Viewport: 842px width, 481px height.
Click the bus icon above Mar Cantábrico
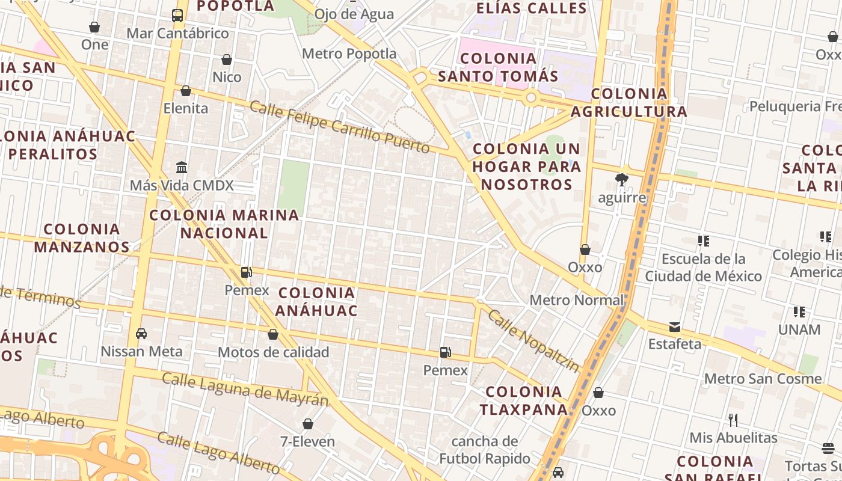coord(177,16)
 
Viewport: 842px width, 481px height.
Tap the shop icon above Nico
coord(227,60)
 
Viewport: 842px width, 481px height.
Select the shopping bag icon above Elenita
coord(186,91)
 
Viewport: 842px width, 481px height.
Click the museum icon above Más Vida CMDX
coord(182,167)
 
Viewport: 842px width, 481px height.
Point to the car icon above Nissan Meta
coord(141,333)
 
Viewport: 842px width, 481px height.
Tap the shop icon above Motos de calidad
coord(273,334)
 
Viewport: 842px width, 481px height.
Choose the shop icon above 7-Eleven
coord(308,424)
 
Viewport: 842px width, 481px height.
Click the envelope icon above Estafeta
coord(675,327)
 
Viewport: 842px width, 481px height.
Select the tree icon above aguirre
coord(622,179)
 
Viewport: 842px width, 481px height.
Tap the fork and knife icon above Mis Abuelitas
coord(733,420)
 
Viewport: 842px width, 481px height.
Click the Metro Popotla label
coord(349,54)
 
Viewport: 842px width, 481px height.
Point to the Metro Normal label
coord(576,300)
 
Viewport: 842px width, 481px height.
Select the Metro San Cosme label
coord(763,379)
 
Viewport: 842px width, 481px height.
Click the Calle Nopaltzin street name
coord(533,340)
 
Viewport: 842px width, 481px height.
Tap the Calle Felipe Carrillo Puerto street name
coord(339,127)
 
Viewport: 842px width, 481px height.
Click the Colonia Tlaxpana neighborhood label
coord(524,400)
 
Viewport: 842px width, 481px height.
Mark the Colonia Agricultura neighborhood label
coord(629,102)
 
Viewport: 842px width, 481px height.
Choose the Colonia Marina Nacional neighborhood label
coord(224,224)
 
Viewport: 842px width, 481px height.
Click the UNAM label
coord(799,329)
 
